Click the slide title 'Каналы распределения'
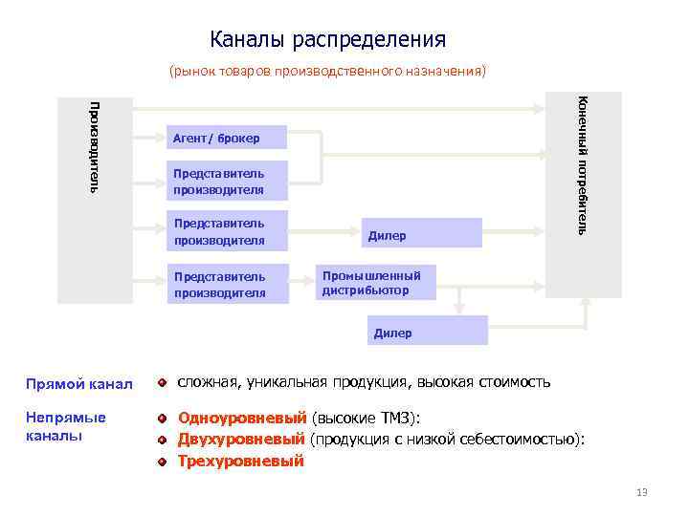[327, 39]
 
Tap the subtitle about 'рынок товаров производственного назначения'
[327, 72]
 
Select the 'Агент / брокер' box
[226, 139]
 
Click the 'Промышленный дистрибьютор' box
[378, 283]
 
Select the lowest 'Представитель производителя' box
[226, 285]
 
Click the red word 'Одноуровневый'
[242, 418]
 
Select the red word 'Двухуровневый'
[241, 439]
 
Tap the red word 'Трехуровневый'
[240, 461]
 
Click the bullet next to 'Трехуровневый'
[164, 461]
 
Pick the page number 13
[641, 493]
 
